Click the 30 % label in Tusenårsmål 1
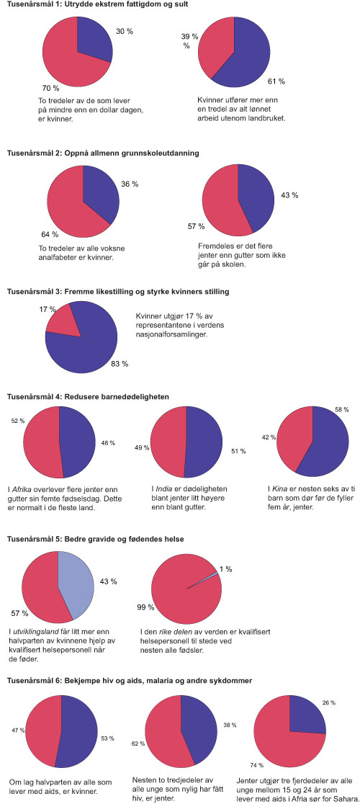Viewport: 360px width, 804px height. point(124,31)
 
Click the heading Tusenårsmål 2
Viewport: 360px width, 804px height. point(103,153)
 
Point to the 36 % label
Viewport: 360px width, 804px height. point(130,184)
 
